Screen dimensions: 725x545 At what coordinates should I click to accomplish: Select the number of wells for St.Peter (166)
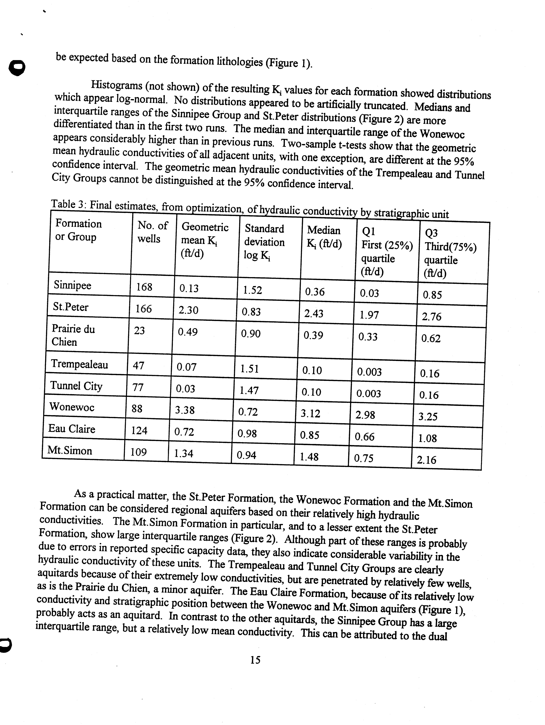pos(144,308)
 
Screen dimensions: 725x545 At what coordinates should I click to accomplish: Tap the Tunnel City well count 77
pos(138,387)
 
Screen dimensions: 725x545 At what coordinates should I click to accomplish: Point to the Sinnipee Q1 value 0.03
pos(369,293)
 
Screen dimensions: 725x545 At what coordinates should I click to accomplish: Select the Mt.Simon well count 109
pos(138,452)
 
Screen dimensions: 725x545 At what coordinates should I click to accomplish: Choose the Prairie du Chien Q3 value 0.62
pos(431,338)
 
